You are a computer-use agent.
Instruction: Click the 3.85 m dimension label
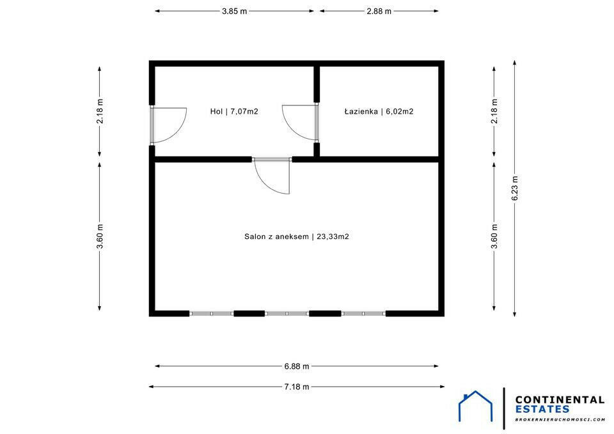(235, 12)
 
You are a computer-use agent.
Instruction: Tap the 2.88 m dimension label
(379, 12)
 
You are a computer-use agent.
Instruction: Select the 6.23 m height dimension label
(515, 188)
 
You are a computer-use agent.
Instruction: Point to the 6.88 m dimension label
(297, 366)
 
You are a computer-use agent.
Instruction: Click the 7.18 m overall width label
(297, 387)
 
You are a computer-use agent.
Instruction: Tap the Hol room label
(234, 111)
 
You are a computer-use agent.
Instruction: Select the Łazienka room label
(379, 111)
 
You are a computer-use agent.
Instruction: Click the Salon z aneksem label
(297, 236)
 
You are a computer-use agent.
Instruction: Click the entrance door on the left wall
(168, 125)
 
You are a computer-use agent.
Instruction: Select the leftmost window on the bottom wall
(212, 313)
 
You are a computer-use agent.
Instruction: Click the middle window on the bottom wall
(287, 313)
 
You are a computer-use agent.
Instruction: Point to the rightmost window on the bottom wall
(363, 313)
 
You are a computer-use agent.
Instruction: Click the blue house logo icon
(475, 407)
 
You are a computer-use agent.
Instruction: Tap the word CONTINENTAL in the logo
(560, 399)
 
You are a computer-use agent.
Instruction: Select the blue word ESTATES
(542, 409)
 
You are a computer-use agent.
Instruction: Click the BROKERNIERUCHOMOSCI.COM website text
(560, 419)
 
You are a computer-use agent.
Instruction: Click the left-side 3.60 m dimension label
(100, 236)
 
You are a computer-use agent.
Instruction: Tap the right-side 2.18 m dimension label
(494, 111)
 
